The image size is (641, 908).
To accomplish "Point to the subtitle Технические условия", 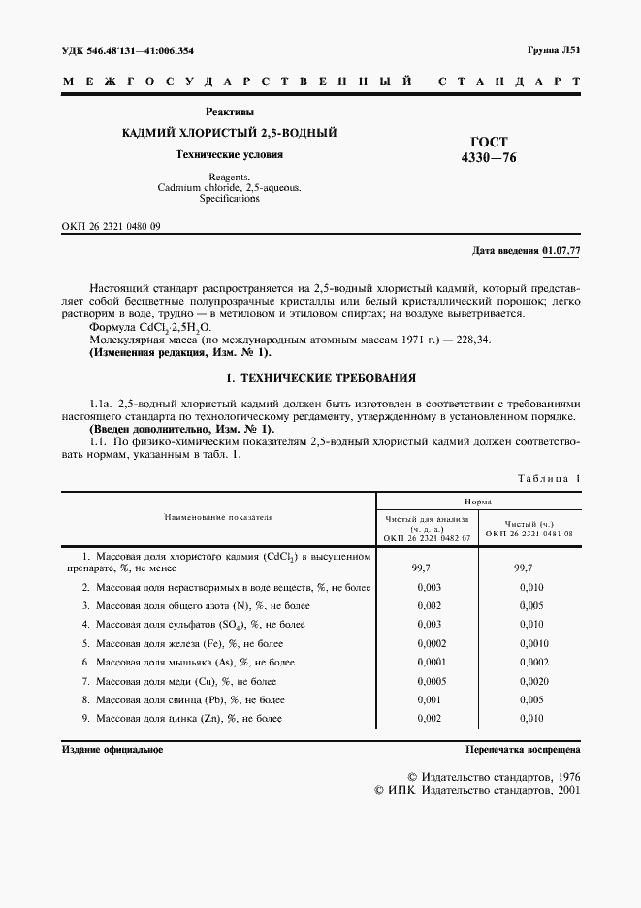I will [x=229, y=154].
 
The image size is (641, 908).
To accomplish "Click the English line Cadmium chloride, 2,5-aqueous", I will [x=229, y=187].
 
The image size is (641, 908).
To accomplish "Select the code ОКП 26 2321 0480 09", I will [x=111, y=225].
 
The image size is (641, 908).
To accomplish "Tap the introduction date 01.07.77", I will [x=561, y=251].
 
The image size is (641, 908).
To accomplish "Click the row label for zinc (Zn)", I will [x=181, y=718].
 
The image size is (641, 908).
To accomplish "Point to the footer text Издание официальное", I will [x=112, y=750].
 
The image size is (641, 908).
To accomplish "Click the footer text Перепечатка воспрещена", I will [x=522, y=750].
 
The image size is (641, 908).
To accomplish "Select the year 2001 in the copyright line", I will [x=563, y=791].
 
